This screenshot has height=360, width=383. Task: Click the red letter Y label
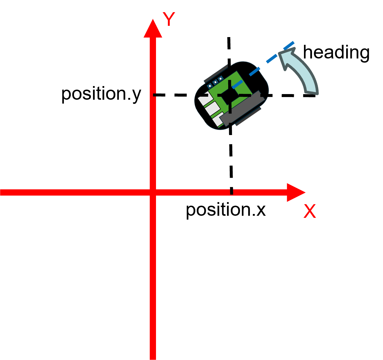pyautogui.click(x=169, y=20)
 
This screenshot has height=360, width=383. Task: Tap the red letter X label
pyautogui.click(x=310, y=212)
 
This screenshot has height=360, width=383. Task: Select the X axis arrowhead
pyautogui.click(x=295, y=192)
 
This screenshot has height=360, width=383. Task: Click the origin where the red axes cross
pyautogui.click(x=153, y=192)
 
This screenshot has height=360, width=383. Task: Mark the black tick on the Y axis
pyautogui.click(x=155, y=95)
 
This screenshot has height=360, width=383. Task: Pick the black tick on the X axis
pyautogui.click(x=231, y=192)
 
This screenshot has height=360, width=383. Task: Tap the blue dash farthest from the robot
pyautogui.click(x=289, y=45)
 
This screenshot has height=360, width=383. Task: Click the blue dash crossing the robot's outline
pyautogui.click(x=254, y=72)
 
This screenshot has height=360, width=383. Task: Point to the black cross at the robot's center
pyautogui.click(x=230, y=95)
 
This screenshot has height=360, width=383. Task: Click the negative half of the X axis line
pyautogui.click(x=74, y=192)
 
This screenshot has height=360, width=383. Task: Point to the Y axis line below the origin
pyautogui.click(x=153, y=276)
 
